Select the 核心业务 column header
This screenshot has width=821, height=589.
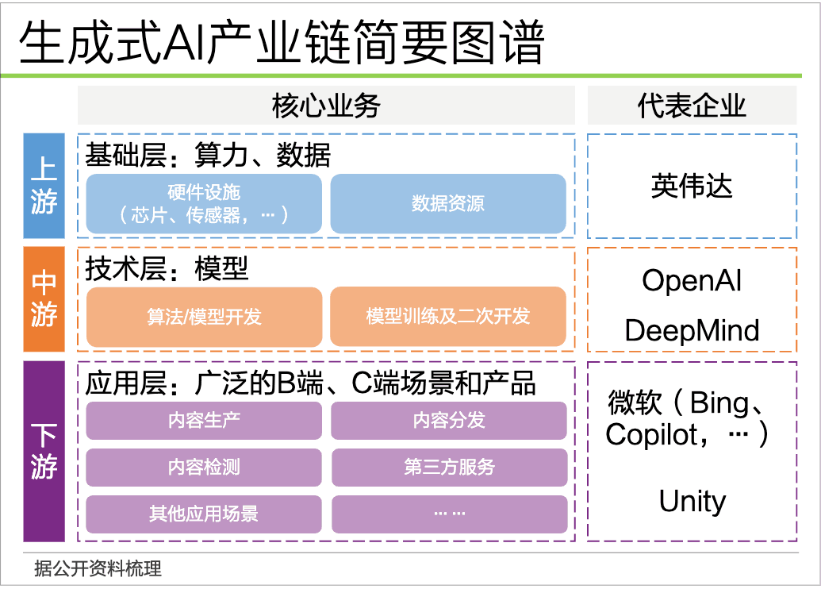(x=326, y=106)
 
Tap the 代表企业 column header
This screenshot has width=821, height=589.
(x=692, y=106)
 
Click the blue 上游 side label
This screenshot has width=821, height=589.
(x=44, y=187)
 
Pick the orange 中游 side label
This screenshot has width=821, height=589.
(x=44, y=299)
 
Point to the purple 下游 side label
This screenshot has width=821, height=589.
(x=44, y=451)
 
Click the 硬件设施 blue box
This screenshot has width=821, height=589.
(x=204, y=203)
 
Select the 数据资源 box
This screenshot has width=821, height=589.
(x=448, y=203)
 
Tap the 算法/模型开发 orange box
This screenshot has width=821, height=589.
(x=204, y=317)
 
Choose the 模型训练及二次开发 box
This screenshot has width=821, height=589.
(x=448, y=317)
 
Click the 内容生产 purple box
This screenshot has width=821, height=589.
(x=204, y=421)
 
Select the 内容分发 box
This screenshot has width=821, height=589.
(x=449, y=421)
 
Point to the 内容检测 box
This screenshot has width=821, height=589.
(x=204, y=468)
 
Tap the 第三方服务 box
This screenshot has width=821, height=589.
(x=449, y=468)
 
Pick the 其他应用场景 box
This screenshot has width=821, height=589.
(x=204, y=514)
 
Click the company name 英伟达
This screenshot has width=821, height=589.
(x=692, y=187)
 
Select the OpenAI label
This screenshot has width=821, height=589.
(x=692, y=280)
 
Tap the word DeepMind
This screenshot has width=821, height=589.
(x=692, y=330)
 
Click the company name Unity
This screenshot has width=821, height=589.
(x=692, y=502)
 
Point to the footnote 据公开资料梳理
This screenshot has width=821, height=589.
(x=98, y=568)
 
